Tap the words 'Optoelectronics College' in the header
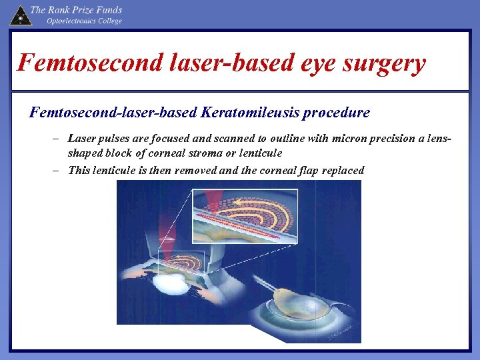click(84, 21)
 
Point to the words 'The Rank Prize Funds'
click(76, 10)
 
